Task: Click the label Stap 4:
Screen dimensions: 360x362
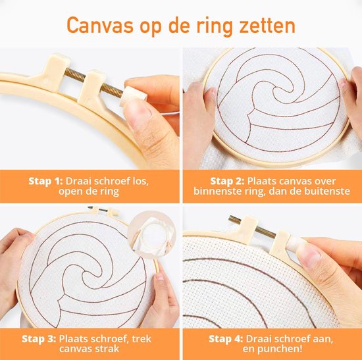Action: (x=228, y=338)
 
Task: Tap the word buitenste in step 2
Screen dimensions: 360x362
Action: (x=317, y=192)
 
